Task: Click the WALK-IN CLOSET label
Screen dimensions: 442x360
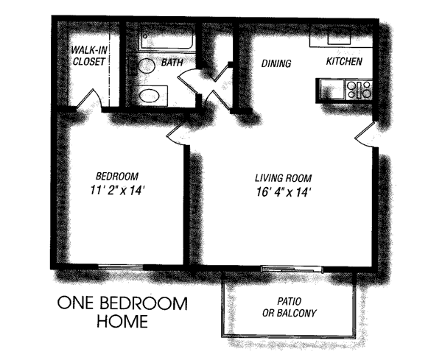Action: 89,56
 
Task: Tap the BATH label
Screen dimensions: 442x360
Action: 172,63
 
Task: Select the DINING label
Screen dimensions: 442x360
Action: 276,63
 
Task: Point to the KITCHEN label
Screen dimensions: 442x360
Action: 344,61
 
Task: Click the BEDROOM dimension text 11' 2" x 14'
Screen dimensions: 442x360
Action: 117,191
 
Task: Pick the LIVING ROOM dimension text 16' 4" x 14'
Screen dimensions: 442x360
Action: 284,192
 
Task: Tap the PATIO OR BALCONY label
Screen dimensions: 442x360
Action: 290,307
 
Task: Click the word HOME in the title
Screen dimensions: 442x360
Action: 122,320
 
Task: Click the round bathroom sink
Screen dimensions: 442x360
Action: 147,66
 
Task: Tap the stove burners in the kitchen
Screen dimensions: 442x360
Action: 359,90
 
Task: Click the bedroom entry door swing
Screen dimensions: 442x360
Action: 177,133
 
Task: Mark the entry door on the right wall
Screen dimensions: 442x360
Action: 365,135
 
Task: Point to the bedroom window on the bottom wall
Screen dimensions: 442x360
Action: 121,267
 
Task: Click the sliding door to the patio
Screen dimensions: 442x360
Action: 292,269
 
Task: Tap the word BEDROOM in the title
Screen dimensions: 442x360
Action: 144,303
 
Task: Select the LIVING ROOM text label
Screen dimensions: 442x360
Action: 284,178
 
